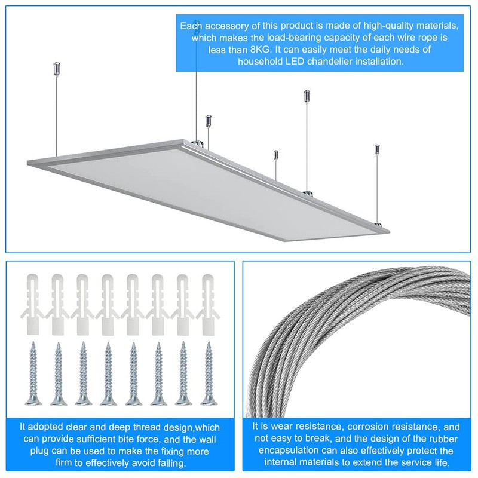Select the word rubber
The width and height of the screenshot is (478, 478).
click(x=433, y=439)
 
